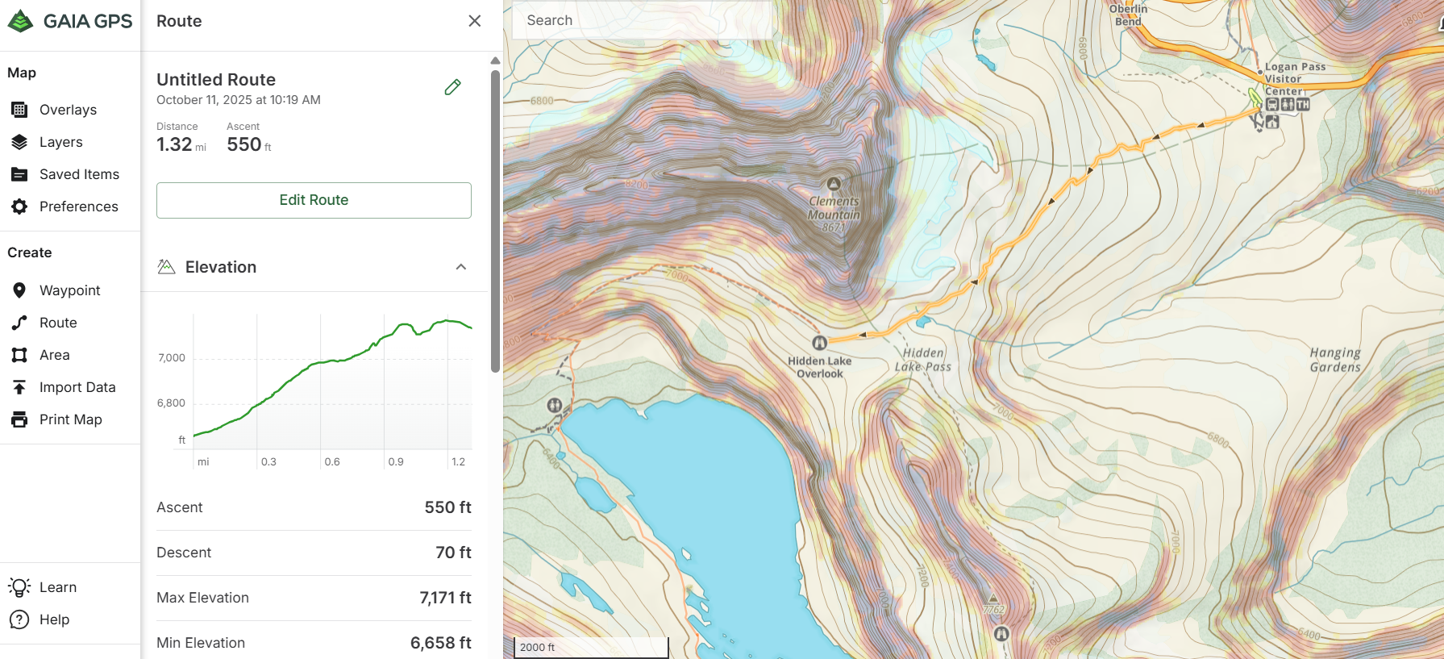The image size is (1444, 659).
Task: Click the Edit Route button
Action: [x=314, y=200]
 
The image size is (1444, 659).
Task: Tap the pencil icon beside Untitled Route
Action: [x=452, y=87]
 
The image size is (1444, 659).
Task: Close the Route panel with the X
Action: [x=475, y=21]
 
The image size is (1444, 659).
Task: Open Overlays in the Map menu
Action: [x=68, y=110]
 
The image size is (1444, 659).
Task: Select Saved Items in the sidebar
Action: [x=78, y=174]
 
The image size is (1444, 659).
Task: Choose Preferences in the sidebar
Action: [x=78, y=206]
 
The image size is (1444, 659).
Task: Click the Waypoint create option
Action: [x=69, y=290]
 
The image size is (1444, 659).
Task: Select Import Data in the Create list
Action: [x=77, y=387]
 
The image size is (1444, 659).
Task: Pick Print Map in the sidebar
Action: [x=70, y=419]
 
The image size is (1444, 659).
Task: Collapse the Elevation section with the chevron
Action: [x=461, y=267]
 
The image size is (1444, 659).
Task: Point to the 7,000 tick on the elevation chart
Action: [x=172, y=358]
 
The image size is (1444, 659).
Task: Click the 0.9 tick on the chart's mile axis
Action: [x=396, y=462]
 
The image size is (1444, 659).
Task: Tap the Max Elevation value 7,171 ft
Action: [x=445, y=598]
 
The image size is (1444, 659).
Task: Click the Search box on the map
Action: [x=641, y=21]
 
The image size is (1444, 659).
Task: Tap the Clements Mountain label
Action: [x=834, y=208]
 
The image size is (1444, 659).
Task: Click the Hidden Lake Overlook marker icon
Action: [x=819, y=343]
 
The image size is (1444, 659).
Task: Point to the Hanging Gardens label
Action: [x=1334, y=360]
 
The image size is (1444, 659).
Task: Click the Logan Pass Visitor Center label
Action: [x=1294, y=78]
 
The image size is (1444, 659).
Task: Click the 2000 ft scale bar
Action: [x=591, y=647]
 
